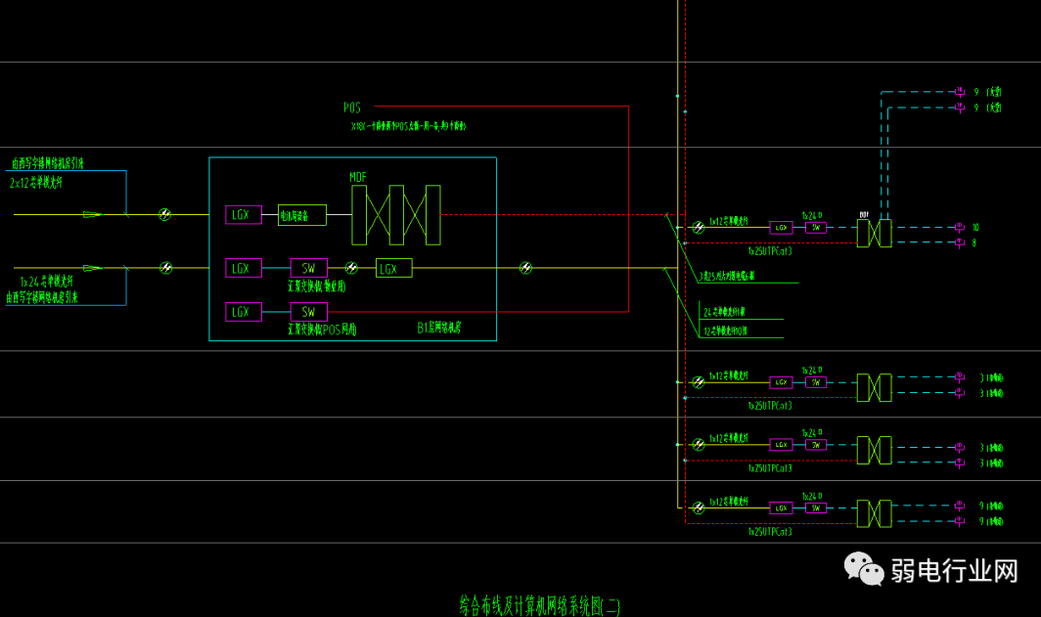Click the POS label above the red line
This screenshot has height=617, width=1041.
pos(352,108)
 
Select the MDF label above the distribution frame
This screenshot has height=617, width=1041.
pos(359,177)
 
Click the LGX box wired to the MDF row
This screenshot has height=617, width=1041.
pos(244,215)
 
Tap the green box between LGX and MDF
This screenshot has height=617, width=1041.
pos(301,215)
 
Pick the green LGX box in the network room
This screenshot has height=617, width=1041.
pos(393,268)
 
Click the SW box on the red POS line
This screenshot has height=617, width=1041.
pos(308,312)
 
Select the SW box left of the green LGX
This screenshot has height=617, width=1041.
pos(308,268)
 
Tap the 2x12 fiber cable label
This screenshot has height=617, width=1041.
pos(43,183)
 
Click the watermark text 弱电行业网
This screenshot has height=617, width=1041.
pos(954,571)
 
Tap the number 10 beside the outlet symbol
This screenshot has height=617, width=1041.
pos(975,227)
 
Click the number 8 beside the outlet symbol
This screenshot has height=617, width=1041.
pos(974,242)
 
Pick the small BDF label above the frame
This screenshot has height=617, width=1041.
pos(864,213)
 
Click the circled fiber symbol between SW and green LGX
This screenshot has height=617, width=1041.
pos(351,268)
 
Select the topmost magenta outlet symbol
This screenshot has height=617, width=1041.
pos(960,92)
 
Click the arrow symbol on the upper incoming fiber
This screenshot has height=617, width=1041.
pos(92,214)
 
